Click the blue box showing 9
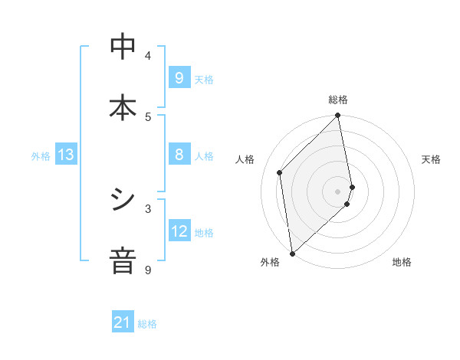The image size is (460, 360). click(x=179, y=77)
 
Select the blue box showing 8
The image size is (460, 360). click(x=179, y=155)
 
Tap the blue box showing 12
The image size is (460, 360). click(x=179, y=231)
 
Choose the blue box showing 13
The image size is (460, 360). click(x=66, y=155)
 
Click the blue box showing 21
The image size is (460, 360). click(x=123, y=322)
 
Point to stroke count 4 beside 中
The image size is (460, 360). click(x=148, y=56)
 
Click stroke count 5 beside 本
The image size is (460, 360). click(x=148, y=116)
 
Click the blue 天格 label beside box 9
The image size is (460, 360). click(x=204, y=79)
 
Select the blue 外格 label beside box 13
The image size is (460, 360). click(x=41, y=156)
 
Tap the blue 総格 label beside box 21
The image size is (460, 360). click(x=147, y=324)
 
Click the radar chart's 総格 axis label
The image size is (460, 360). click(x=338, y=100)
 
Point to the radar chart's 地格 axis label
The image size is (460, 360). click(x=402, y=262)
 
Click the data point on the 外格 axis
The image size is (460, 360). click(x=292, y=254)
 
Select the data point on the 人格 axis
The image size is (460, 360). click(x=280, y=172)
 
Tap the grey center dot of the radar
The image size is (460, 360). click(x=338, y=191)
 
